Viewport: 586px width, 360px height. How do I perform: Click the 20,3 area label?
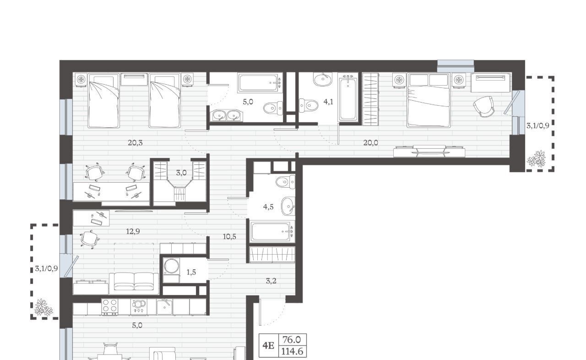tap(135, 143)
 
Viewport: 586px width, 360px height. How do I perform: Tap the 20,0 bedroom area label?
tap(371, 143)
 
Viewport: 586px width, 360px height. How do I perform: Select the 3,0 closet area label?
tap(181, 173)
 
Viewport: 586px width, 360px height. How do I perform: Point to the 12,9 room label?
tap(133, 231)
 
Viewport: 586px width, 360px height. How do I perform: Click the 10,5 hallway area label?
tap(229, 237)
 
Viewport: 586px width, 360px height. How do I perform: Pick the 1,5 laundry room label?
tap(191, 273)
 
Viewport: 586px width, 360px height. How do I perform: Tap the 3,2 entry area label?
tap(271, 281)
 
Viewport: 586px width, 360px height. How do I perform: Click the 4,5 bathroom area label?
tap(268, 207)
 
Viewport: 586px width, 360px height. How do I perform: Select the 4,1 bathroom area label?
tap(328, 102)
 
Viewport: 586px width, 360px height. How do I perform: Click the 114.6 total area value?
tap(292, 352)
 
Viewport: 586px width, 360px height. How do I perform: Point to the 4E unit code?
tap(268, 346)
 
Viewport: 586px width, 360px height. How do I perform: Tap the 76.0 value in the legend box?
tap(292, 340)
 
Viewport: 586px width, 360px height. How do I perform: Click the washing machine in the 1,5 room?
tap(171, 267)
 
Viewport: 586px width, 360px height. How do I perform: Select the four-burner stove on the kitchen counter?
tap(109, 307)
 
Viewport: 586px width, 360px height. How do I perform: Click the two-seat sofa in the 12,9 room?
tap(134, 284)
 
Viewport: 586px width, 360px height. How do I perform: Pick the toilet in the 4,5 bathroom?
tap(285, 181)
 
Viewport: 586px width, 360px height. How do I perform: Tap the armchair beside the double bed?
tap(484, 106)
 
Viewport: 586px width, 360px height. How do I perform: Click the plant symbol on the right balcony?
tap(537, 159)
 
